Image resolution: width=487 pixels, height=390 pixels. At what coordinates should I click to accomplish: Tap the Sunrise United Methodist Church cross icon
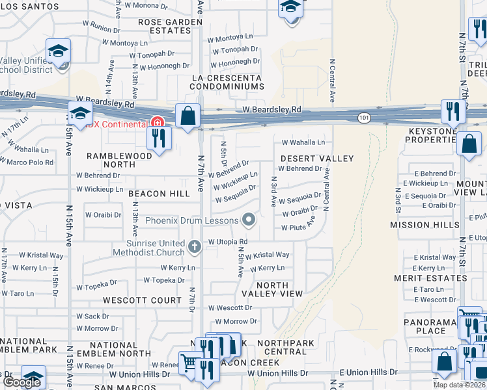coord(194,247)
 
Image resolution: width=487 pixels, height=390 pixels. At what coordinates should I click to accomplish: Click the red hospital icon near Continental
coord(156,121)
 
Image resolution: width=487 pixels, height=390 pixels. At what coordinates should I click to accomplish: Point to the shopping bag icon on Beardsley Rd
coord(188,116)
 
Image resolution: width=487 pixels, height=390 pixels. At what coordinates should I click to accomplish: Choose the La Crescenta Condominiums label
coord(227,81)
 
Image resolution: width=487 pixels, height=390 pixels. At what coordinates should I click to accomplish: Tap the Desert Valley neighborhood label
coord(317,159)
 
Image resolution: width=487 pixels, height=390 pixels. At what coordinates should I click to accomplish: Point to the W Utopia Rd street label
coord(228,242)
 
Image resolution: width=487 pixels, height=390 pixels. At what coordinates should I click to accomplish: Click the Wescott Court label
coord(142,300)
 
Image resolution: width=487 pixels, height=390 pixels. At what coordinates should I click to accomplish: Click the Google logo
coord(21,382)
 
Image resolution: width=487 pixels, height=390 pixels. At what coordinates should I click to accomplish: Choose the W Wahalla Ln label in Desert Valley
coord(303,142)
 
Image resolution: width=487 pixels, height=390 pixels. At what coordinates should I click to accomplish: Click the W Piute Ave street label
coord(298,227)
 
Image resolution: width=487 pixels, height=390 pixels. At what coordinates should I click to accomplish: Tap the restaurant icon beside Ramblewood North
coord(160,137)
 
